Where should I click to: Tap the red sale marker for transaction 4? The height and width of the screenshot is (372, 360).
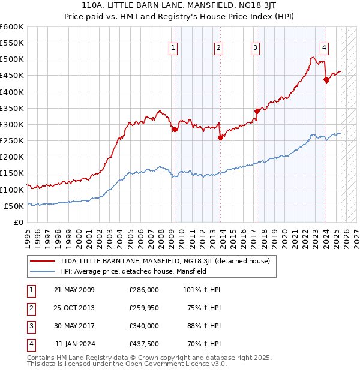(326, 80)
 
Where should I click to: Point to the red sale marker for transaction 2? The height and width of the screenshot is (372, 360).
(220, 137)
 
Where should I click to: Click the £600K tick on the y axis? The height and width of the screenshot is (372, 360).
(12, 27)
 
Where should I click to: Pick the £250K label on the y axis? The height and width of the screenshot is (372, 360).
(12, 141)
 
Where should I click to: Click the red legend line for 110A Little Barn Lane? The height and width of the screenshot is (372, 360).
(43, 261)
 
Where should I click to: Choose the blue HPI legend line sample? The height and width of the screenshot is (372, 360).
(43, 271)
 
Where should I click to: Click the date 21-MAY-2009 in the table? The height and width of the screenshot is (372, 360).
(74, 290)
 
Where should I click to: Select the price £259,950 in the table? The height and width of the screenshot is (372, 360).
(143, 308)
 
